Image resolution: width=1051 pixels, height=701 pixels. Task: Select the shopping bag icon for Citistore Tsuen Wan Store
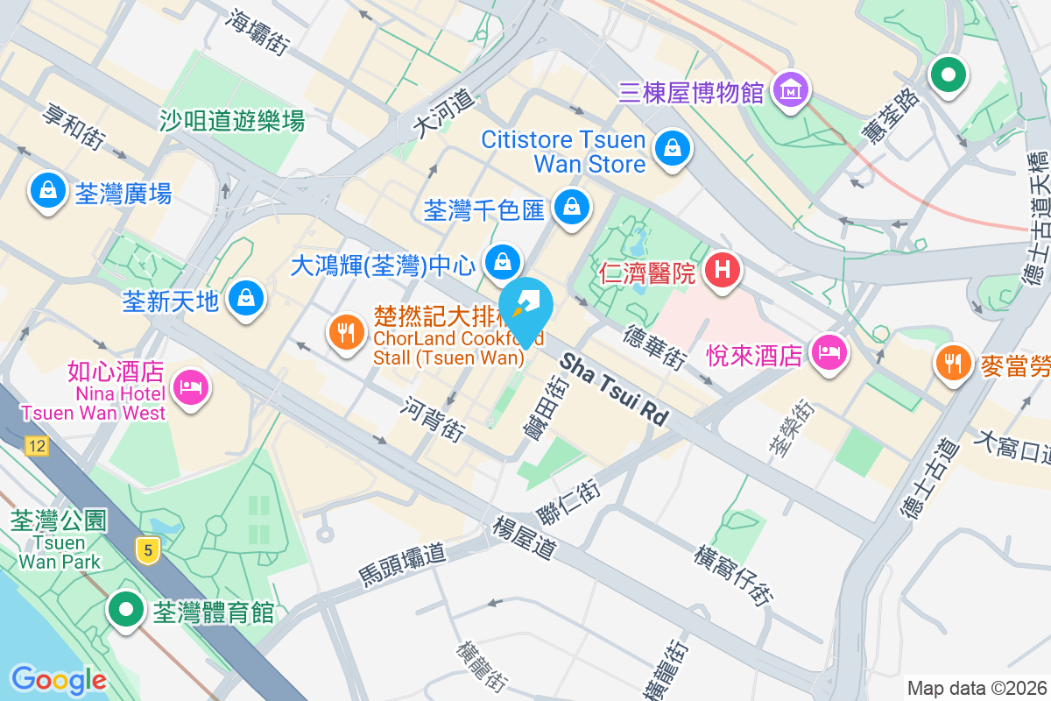coord(672,147)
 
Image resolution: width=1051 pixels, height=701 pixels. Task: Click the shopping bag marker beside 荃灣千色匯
coord(571,207)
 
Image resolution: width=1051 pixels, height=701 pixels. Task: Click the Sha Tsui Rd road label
coord(614,390)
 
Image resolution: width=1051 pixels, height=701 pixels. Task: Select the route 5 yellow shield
coord(149,550)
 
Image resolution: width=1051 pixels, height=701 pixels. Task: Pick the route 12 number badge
coord(36,447)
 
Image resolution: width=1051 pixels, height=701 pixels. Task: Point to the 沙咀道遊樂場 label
coord(232,121)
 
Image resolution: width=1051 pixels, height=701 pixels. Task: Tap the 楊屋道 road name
coord(525,538)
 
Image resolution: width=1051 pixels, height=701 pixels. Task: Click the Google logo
coord(59,679)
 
